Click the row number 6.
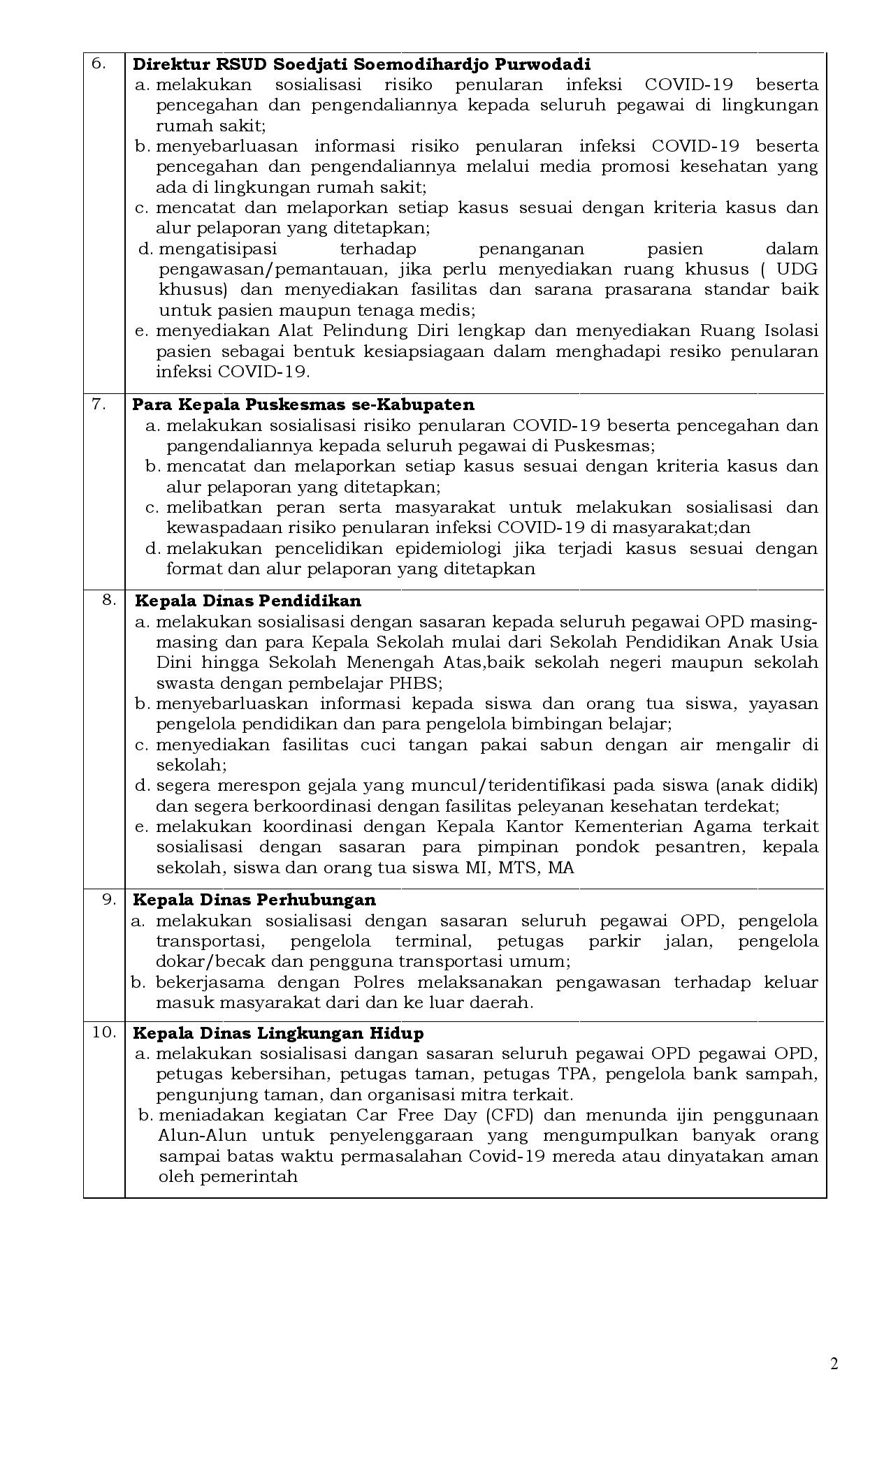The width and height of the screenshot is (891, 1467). pyautogui.click(x=99, y=64)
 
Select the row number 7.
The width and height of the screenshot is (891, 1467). pyautogui.click(x=99, y=404)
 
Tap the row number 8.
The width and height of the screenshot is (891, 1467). pyautogui.click(x=109, y=599)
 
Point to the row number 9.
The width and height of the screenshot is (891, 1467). pyautogui.click(x=109, y=898)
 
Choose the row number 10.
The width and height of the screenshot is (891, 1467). pyautogui.click(x=104, y=1032)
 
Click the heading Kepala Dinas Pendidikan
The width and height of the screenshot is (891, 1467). pyautogui.click(x=248, y=601)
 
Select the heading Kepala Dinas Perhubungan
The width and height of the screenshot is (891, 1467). pyautogui.click(x=254, y=900)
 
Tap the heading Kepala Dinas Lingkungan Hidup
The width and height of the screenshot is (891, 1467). pyautogui.click(x=278, y=1033)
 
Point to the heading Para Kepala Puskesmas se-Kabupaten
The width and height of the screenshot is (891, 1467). pyautogui.click(x=303, y=404)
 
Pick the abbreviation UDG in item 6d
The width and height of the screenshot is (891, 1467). pyautogui.click(x=797, y=270)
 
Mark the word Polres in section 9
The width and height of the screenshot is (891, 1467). pyautogui.click(x=378, y=982)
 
